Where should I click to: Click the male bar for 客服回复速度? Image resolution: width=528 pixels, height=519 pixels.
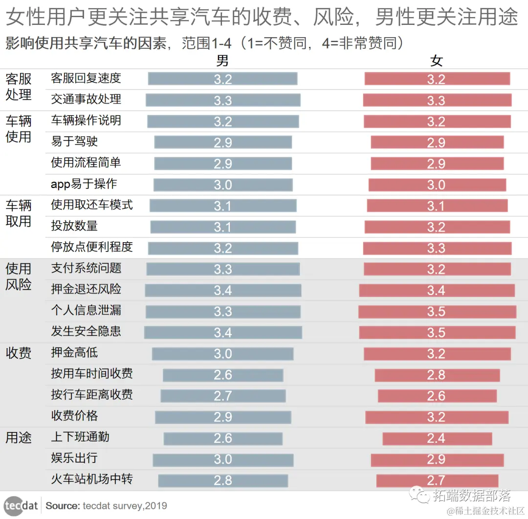click(222, 79)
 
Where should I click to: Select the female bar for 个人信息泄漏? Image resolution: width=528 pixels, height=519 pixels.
click(437, 311)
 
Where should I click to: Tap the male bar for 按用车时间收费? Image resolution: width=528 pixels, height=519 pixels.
click(223, 375)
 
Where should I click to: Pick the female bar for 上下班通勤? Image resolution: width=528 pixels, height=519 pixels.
click(437, 438)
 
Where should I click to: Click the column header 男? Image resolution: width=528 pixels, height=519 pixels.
click(222, 61)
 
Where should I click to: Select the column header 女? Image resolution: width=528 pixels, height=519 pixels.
click(436, 61)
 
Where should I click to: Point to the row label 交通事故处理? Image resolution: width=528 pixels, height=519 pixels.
click(86, 99)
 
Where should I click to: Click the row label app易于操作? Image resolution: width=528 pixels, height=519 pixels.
click(84, 184)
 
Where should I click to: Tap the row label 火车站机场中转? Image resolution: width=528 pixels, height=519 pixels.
click(92, 479)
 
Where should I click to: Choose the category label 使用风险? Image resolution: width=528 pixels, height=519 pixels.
click(19, 276)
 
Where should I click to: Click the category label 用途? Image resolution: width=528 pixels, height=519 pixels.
click(19, 437)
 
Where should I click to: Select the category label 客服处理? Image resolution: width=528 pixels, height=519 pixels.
click(19, 86)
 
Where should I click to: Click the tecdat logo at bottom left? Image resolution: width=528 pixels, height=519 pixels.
click(21, 505)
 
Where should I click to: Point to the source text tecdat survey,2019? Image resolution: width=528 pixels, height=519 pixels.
click(125, 506)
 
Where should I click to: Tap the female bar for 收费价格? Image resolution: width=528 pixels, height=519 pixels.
click(437, 417)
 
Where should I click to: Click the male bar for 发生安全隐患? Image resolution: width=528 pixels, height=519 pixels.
click(223, 332)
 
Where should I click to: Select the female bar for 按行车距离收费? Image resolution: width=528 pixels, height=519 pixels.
click(437, 396)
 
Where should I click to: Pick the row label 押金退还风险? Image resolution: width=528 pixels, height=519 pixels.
click(86, 290)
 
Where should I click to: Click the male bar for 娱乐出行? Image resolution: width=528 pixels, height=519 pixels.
click(223, 460)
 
